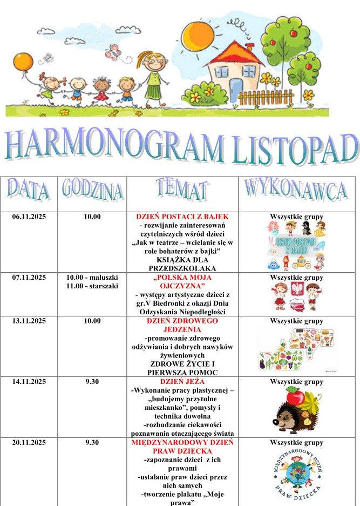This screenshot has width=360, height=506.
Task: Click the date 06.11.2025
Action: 29,217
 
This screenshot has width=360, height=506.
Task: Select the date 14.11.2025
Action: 29,382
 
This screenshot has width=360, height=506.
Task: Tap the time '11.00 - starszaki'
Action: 92,286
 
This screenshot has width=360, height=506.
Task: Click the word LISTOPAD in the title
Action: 296,147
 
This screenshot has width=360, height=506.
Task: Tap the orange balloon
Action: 23,62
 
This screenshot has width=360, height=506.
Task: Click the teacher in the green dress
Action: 153,79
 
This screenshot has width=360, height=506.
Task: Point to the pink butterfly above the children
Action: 112,52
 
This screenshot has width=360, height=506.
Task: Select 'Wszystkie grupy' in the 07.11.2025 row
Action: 296,278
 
